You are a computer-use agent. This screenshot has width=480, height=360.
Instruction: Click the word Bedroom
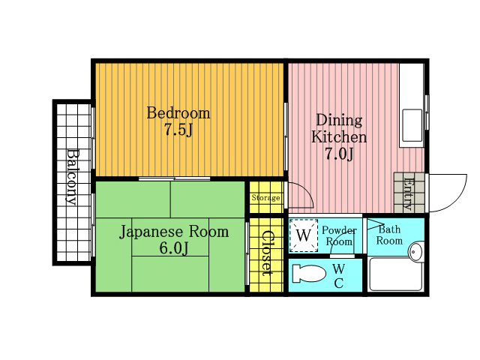pos(178,113)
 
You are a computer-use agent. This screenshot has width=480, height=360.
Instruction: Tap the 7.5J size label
pos(178,130)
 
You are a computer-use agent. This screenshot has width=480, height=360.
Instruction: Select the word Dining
pos(339,120)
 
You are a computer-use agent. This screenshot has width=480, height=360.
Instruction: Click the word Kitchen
pos(339,136)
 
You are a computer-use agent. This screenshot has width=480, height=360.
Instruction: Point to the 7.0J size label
pos(339,154)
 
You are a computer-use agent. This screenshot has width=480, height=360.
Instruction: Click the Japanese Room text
pos(174,232)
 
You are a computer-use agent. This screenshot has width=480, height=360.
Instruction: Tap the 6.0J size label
pos(173,248)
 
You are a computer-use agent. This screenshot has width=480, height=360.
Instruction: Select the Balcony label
pos(73,177)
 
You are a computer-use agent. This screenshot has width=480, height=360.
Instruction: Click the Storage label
pos(265,198)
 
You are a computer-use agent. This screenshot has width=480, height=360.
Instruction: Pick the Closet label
pos(266,253)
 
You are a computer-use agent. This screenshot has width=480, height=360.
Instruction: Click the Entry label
pos(408,193)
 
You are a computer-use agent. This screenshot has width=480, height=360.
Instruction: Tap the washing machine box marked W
pos(304,235)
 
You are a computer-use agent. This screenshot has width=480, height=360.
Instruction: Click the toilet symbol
pos(309,273)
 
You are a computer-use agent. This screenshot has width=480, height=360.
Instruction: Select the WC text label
pos(338,276)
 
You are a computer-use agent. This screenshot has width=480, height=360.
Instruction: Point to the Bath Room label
pos(389,235)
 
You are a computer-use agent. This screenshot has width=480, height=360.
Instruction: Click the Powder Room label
pos(339,235)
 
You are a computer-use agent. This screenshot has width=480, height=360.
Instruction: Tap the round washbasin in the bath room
pos(415,252)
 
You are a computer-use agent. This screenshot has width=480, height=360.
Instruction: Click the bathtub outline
pos(396,275)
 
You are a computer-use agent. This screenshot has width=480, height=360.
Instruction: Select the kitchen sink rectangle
pos(412,125)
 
